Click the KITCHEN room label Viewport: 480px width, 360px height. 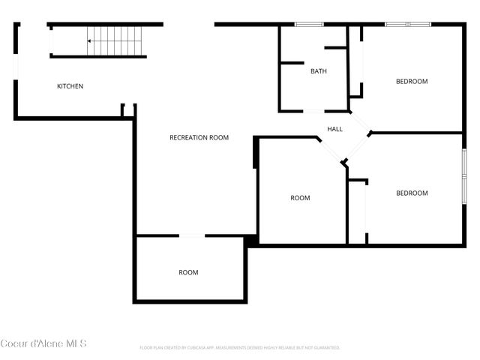pos(70,86)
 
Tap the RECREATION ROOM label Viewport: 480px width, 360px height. pos(199,137)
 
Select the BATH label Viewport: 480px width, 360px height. pos(319,72)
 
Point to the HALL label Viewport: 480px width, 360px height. pos(334,129)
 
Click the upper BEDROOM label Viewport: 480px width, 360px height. pos(412,82)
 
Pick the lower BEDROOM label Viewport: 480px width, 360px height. pos(412,193)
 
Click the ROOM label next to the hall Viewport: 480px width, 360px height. pos(300,198)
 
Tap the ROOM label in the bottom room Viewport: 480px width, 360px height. pos(188,272)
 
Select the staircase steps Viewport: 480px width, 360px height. pos(116,41)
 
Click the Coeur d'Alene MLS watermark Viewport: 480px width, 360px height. pos(43,343)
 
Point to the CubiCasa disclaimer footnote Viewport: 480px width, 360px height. pos(240,348)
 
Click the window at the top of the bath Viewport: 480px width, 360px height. pos(308,25)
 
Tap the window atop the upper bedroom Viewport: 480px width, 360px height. pos(407,25)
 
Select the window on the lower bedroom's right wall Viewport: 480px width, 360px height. pos(464,176)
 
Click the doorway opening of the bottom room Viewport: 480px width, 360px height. pos(192,236)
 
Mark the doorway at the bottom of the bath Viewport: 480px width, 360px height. pos(313,112)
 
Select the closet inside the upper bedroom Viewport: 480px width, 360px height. pos(357,64)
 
